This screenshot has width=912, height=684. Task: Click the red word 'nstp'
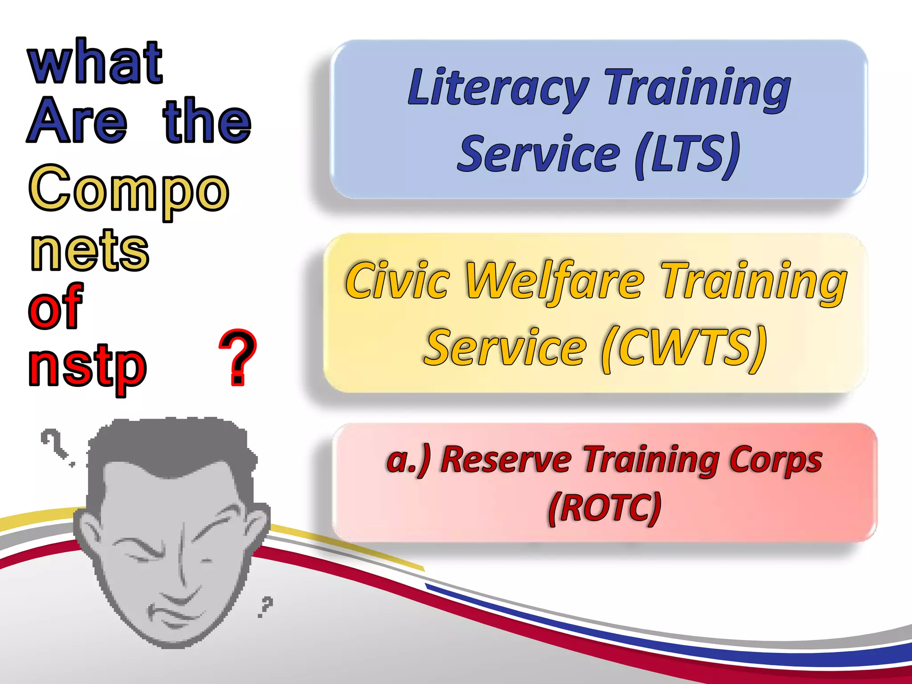pos(87,368)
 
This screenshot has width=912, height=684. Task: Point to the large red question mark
pos(238,357)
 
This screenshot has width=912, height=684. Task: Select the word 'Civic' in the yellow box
pos(398,281)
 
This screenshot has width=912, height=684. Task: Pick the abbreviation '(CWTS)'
pos(684,348)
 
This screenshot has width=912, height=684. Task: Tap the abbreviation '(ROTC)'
pos(605,508)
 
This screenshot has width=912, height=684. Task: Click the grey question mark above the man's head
pos(54,444)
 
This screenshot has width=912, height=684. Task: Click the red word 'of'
pos(55,307)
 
